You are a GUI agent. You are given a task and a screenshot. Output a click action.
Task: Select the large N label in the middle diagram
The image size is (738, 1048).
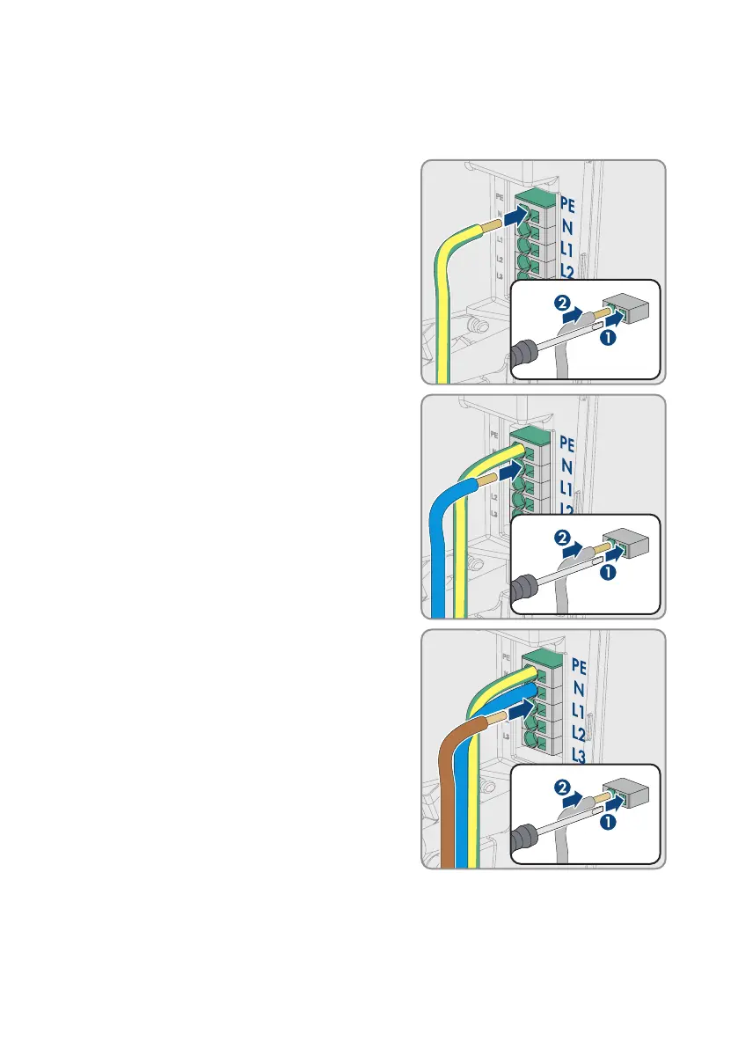566,464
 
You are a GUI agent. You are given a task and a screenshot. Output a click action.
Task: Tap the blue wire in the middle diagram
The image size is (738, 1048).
440,563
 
